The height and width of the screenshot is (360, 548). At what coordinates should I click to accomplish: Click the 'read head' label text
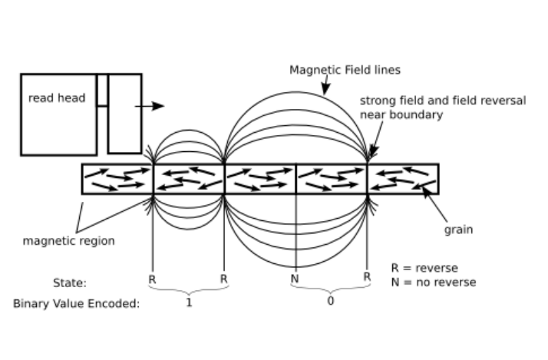coord(57,98)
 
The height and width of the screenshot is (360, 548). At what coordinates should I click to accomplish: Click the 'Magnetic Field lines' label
coord(345,70)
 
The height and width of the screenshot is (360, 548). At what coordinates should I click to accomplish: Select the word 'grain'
coord(458,230)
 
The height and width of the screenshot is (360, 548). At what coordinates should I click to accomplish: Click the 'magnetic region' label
coord(68,241)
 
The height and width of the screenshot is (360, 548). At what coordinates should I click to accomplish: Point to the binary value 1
coord(189,302)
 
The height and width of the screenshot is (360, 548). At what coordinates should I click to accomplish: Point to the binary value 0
coord(331,302)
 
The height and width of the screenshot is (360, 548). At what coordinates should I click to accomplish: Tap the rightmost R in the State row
coord(367,276)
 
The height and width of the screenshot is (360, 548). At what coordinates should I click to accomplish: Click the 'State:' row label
coord(70,282)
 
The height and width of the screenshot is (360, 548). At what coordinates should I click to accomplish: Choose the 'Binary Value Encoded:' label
coord(77,303)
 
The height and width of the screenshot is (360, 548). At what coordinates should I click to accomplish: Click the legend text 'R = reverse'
coord(424,268)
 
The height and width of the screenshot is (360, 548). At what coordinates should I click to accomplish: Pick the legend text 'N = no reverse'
coord(433,282)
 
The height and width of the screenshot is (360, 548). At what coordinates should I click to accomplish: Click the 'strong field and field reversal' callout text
coord(443,101)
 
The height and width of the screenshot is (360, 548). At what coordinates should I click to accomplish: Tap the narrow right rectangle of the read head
coord(124,114)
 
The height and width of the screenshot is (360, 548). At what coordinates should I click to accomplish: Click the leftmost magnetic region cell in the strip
coord(117,178)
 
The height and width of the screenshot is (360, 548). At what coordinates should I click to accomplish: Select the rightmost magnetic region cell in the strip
coord(403,178)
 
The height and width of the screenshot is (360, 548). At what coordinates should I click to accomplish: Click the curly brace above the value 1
coord(188,290)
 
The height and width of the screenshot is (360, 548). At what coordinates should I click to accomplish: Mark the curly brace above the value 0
coord(331,290)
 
